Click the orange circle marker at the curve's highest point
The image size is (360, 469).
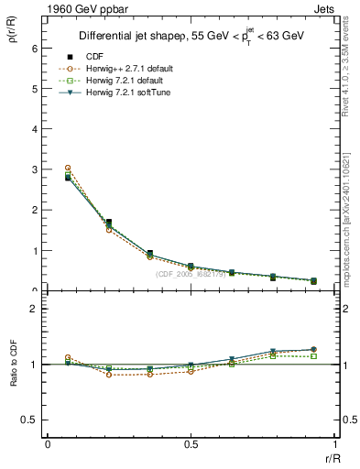coord(68,169)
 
